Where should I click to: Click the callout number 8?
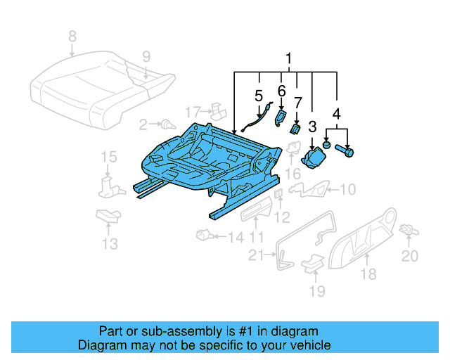[x=71, y=36]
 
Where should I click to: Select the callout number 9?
[x=146, y=56]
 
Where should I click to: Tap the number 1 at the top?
[x=287, y=58]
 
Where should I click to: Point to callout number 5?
[x=259, y=94]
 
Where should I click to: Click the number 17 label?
[x=193, y=111]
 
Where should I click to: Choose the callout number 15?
[x=107, y=156]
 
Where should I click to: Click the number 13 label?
[x=109, y=243]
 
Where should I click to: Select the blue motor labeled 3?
[x=314, y=159]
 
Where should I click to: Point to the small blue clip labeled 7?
[x=296, y=128]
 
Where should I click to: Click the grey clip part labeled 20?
[x=406, y=229]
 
